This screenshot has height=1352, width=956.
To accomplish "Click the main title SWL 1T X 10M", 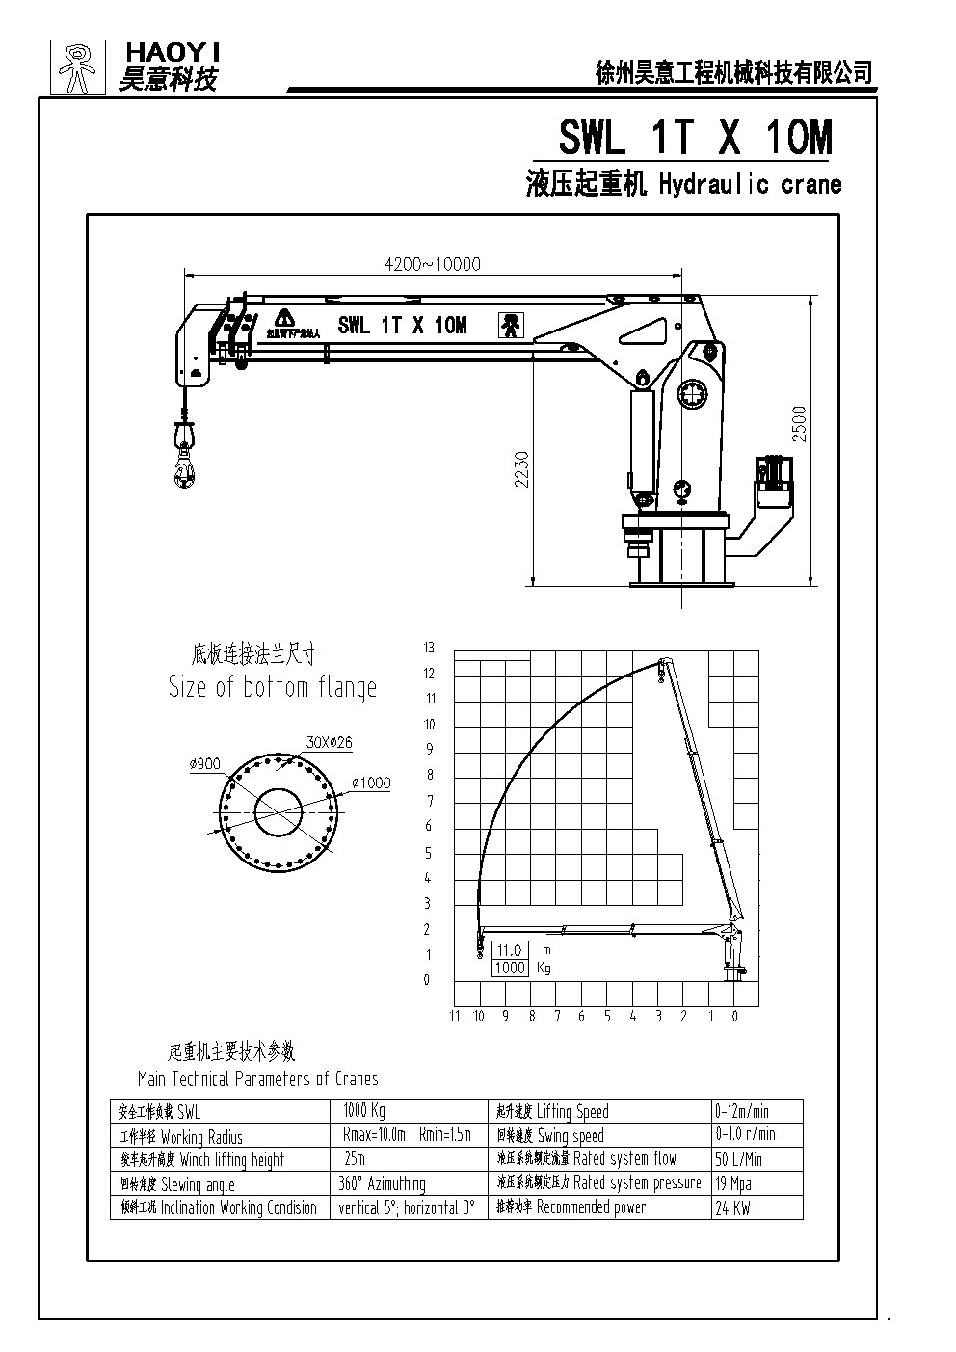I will pos(695,139).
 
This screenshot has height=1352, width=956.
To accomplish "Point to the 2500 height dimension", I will pos(800,424).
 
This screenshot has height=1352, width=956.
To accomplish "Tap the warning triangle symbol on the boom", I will pos(283,318).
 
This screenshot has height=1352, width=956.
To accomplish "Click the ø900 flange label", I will pos(205,763).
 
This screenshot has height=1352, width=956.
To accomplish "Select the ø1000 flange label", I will pos(371,782).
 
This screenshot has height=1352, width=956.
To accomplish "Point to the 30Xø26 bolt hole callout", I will pos(328,742).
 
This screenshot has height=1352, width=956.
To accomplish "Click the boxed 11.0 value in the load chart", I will pos(510,950).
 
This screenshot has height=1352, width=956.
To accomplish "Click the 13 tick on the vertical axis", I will pos(429,647).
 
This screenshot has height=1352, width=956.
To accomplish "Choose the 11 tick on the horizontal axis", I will pos(455,1016).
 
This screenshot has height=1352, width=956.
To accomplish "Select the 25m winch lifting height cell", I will pos(355,1159).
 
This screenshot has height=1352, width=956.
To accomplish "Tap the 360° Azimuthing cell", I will pos(384,1183).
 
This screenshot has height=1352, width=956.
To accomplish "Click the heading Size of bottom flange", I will pos(273,687).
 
